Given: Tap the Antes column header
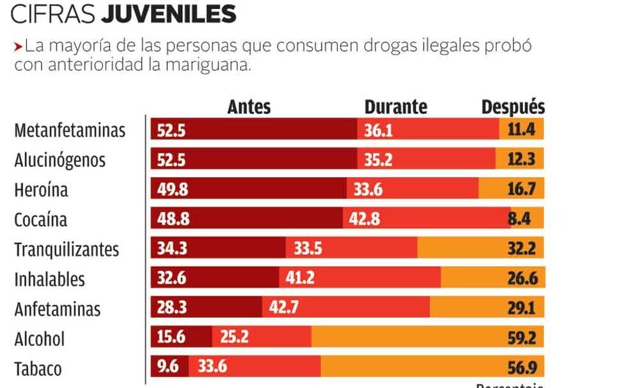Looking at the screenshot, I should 248,107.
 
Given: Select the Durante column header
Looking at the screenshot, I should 395,107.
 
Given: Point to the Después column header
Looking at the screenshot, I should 513,107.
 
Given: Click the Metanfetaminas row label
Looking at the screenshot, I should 70,130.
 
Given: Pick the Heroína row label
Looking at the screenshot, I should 41,190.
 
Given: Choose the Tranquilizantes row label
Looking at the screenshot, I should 67,249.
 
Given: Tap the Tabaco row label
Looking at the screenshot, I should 38,369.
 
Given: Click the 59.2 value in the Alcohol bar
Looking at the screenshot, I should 522,339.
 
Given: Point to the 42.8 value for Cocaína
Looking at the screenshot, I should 364,219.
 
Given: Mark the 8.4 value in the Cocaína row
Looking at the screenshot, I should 520,219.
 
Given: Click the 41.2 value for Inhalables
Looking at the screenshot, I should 300,279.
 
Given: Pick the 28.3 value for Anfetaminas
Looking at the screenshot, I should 173,309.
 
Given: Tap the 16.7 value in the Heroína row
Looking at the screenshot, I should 521,189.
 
